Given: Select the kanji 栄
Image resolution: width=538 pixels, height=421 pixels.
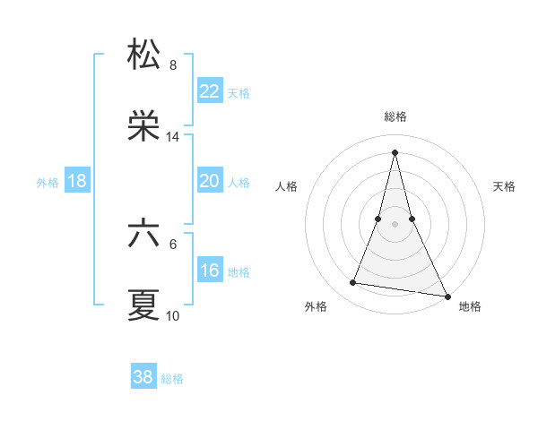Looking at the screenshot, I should [144, 126].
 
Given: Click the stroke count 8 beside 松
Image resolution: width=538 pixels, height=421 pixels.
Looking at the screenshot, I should [173, 64].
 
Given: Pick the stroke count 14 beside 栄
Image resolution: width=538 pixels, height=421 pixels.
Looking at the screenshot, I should [173, 137].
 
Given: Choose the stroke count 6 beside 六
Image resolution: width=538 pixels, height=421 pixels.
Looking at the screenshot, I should [173, 244].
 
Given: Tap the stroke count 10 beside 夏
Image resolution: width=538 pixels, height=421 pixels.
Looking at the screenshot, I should [173, 316].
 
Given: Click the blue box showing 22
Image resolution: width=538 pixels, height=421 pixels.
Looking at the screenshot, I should [209, 91].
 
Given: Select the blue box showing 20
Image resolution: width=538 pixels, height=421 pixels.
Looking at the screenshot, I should [209, 181].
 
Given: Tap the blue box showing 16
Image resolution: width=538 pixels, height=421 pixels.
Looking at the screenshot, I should [209, 271].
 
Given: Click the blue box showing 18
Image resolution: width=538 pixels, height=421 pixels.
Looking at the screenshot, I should [77, 181].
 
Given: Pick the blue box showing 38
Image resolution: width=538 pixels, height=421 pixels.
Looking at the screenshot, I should [143, 377].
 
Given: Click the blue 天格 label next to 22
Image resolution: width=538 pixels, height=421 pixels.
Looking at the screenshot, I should [239, 92].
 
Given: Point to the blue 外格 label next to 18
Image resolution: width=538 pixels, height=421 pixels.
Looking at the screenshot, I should [48, 182].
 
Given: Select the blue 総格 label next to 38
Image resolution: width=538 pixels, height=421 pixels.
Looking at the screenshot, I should [172, 378].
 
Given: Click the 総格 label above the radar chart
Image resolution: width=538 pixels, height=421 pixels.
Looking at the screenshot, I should [395, 116].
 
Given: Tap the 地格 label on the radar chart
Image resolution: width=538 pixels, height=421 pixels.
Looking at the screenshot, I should [470, 306].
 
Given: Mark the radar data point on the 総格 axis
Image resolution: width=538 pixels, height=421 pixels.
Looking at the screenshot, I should [395, 151].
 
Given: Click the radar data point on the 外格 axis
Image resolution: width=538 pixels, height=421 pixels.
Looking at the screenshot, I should [352, 283].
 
